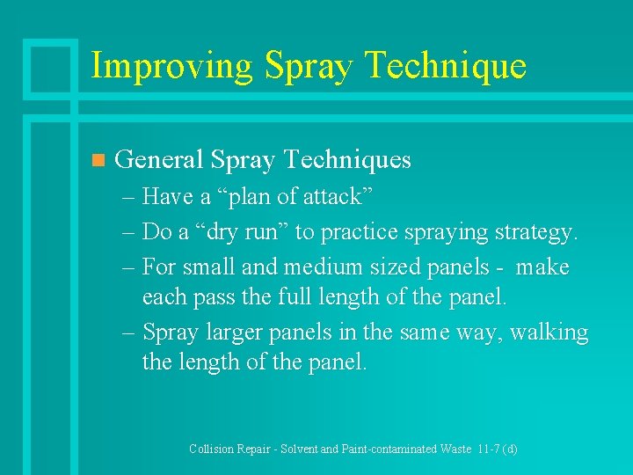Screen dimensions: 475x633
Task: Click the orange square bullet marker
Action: (x=98, y=160)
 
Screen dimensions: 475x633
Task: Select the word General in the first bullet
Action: (x=158, y=159)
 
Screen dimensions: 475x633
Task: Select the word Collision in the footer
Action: (x=212, y=449)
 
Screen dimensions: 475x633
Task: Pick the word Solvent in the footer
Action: (x=299, y=449)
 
